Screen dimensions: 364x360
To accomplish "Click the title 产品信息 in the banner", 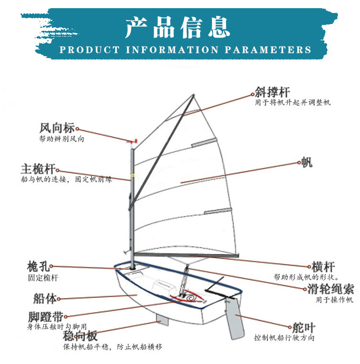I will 178,27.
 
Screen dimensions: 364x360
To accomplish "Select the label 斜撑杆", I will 272,92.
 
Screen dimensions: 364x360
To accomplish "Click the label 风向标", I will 57,128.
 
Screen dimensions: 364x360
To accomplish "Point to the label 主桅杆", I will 38,169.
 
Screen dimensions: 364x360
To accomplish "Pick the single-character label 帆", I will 307,162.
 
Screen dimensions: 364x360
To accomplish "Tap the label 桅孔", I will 38,267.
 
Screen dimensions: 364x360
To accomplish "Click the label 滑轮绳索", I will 330,289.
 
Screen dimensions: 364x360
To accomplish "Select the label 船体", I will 45,298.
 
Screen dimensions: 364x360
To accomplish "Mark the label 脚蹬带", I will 45,316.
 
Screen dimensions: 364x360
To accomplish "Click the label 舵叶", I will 304,328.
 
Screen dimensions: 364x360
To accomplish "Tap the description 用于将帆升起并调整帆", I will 292,102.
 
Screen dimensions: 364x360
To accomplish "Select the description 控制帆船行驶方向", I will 284,338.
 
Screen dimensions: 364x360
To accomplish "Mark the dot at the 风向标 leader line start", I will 77,129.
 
